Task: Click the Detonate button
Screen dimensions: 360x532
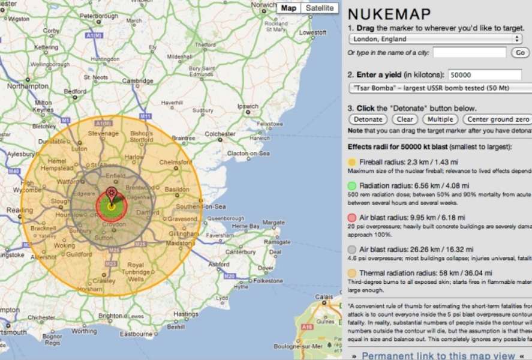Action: pyautogui.click(x=368, y=119)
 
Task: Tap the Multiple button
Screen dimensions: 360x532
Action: pyautogui.click(x=440, y=119)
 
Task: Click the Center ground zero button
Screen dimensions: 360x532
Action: pyautogui.click(x=497, y=119)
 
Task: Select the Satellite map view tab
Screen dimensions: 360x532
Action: pyautogui.click(x=319, y=8)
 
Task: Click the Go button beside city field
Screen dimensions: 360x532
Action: pyautogui.click(x=519, y=53)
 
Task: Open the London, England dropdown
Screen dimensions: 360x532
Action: pyautogui.click(x=435, y=39)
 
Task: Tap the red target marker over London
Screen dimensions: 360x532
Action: pyautogui.click(x=111, y=194)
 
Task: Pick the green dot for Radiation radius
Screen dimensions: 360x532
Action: pyautogui.click(x=351, y=186)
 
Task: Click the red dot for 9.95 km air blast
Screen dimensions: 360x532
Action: pyautogui.click(x=351, y=217)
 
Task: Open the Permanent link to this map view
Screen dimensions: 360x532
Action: pyautogui.click(x=438, y=355)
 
